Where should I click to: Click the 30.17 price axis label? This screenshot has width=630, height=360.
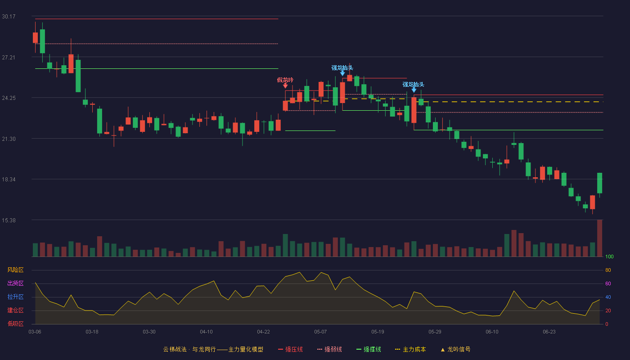click(9, 17)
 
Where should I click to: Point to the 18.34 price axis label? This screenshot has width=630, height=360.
click(9, 180)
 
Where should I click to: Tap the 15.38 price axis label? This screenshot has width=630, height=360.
click(9, 220)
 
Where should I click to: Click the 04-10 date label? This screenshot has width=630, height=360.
click(206, 332)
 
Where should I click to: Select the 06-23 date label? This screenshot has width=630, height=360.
click(549, 332)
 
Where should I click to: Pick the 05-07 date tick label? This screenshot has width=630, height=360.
click(320, 332)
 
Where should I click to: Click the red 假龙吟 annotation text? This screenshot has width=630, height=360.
click(285, 80)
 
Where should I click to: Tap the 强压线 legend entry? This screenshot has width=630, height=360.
click(290, 349)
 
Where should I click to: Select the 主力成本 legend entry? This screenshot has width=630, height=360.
click(410, 349)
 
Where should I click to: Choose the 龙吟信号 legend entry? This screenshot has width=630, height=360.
click(455, 349)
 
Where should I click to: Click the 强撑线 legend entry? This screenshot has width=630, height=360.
click(369, 349)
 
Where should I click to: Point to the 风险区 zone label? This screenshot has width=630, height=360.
click(15, 270)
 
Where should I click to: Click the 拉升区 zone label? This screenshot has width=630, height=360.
click(15, 297)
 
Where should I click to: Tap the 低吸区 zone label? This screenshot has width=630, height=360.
click(15, 324)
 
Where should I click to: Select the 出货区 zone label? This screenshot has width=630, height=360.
click(15, 283)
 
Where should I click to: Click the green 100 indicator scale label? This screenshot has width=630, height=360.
click(609, 256)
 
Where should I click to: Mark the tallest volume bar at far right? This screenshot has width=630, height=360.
click(599, 238)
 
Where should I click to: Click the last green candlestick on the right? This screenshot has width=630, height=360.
click(599, 183)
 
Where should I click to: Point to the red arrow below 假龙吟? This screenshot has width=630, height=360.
click(285, 86)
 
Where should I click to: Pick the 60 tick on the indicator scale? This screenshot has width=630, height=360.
click(608, 283)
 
